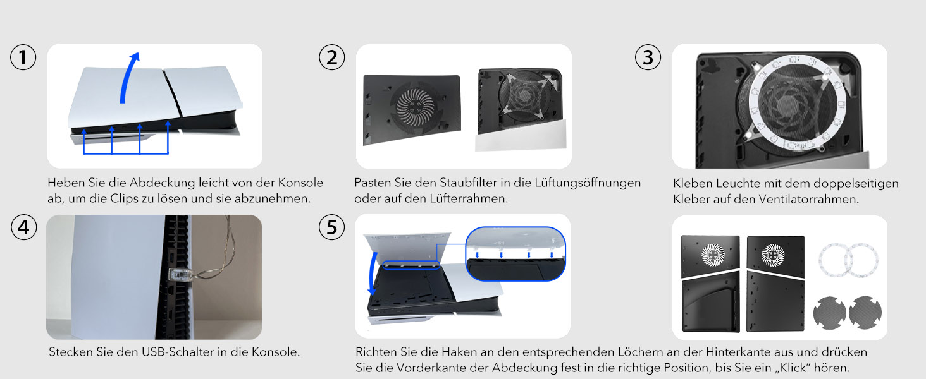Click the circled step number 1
point(23,57)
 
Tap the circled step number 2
point(332,57)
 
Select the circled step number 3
point(648,57)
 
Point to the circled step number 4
point(23,228)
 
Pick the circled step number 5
point(332,227)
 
